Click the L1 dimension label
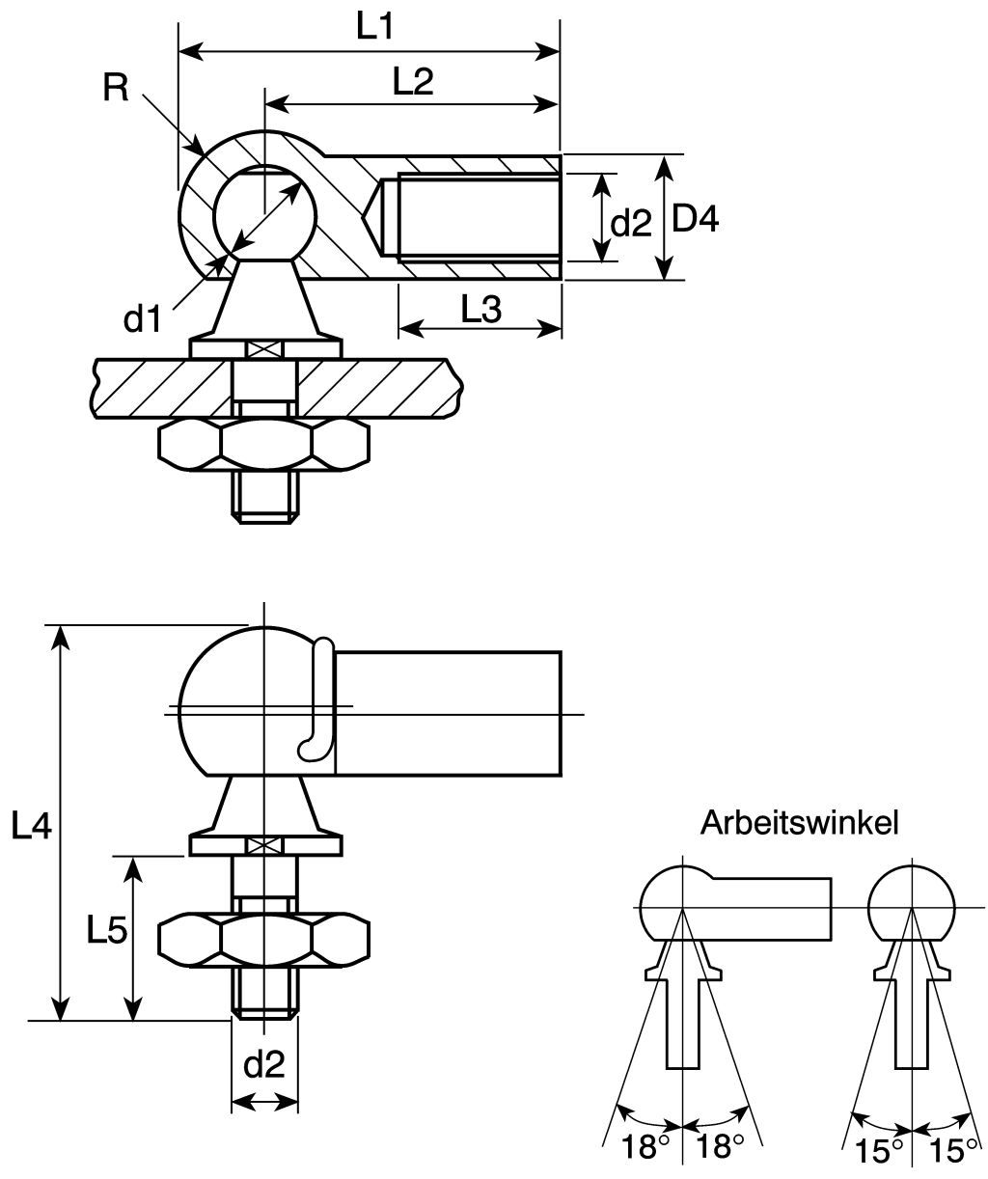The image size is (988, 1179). [x=374, y=26]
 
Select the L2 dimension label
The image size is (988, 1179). [x=412, y=82]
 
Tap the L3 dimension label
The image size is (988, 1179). [x=480, y=310]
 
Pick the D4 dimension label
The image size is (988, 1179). [x=695, y=220]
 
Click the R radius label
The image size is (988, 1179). [x=115, y=89]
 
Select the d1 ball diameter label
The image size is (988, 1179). [x=143, y=318]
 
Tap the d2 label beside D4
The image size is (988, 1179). [x=632, y=224]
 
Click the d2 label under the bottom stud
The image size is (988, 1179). [x=263, y=1065]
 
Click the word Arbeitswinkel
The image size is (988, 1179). [x=800, y=822]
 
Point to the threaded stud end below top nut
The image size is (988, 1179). [x=263, y=498]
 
